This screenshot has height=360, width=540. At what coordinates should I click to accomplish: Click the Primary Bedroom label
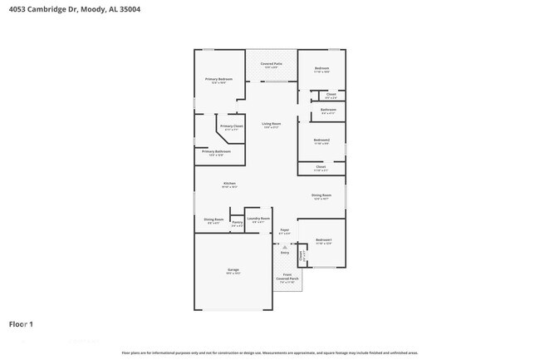(220, 79)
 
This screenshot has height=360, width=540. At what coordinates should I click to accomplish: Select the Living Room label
(271, 124)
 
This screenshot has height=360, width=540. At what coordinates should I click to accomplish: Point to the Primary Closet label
(231, 126)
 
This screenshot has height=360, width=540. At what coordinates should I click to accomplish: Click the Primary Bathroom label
(216, 151)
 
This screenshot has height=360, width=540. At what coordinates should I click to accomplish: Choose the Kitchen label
(229, 183)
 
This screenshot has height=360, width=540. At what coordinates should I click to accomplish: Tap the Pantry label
(237, 222)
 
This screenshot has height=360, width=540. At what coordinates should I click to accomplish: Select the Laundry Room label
(258, 219)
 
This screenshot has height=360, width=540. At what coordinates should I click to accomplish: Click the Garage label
(233, 270)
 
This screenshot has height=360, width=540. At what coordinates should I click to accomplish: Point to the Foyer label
(284, 230)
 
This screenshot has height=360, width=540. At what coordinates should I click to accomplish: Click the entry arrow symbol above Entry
(284, 247)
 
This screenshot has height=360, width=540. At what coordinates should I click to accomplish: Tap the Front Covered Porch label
(287, 275)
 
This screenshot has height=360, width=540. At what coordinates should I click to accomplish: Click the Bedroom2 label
(322, 140)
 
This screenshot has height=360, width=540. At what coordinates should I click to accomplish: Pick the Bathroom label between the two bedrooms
(328, 110)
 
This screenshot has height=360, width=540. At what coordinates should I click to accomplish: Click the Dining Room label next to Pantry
(214, 219)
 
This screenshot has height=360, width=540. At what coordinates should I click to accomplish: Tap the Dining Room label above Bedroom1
(322, 195)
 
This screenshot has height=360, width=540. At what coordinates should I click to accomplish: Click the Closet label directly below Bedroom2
(321, 166)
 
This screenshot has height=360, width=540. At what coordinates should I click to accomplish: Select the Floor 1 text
(22, 323)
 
